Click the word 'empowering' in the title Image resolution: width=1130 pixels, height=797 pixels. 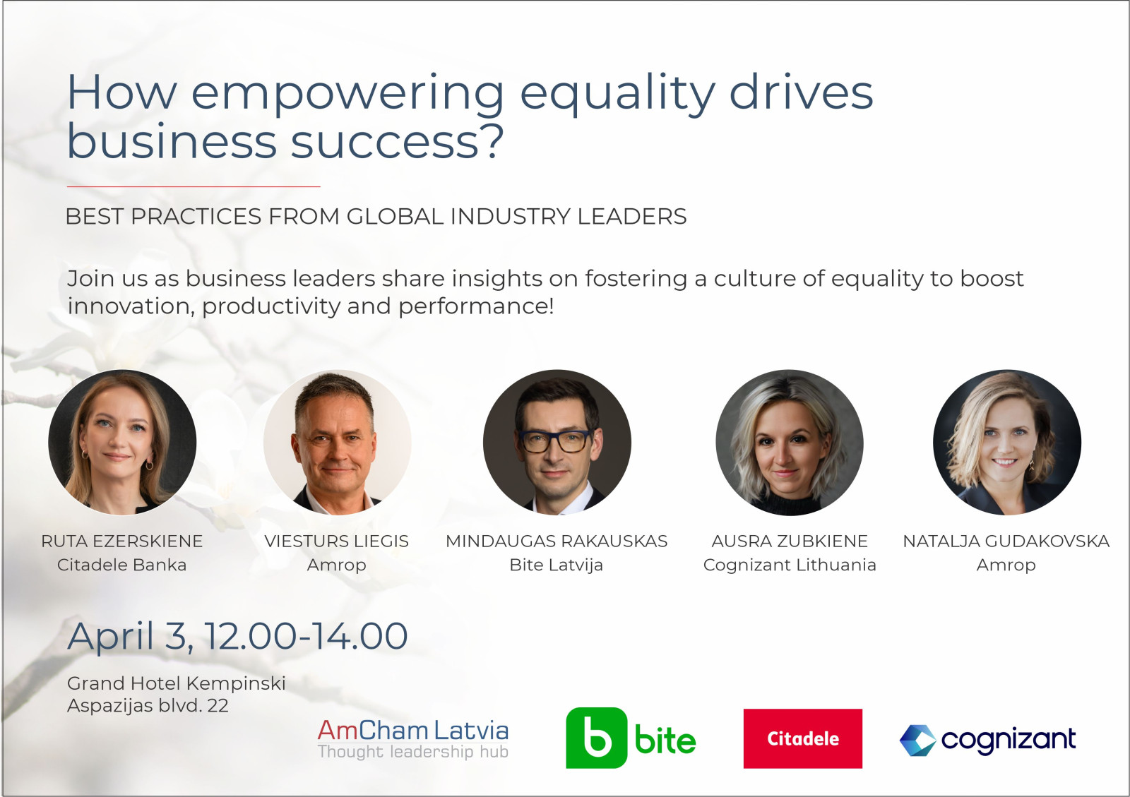tap(347, 94)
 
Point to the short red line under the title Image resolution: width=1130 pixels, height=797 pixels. tap(194, 186)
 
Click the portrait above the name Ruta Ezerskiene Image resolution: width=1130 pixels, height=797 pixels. tap(122, 442)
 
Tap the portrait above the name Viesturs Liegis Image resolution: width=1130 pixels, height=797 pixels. tap(337, 442)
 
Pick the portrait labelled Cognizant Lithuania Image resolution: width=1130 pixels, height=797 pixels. tap(790, 442)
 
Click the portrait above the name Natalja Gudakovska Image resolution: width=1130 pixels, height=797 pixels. tap(1007, 442)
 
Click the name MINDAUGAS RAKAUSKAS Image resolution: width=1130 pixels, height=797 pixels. tap(557, 541)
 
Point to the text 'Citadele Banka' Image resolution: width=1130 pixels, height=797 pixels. tap(122, 565)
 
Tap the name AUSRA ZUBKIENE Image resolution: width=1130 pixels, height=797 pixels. tap(790, 541)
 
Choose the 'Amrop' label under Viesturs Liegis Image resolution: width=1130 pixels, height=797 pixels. tap(336, 565)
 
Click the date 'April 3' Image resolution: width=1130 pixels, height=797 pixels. tap(130, 637)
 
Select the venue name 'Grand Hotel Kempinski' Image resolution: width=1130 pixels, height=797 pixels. tap(177, 683)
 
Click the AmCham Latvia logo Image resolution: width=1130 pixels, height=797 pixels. tap(412, 739)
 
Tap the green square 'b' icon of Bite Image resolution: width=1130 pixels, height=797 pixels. tap(596, 738)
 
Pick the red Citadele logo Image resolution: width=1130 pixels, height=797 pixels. tap(802, 738)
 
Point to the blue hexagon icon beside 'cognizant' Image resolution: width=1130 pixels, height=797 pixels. tap(917, 741)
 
